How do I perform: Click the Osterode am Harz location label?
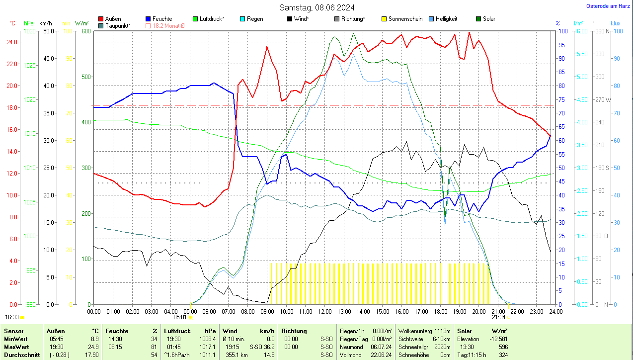[x=608, y=6]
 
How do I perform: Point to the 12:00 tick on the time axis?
[x=324, y=311]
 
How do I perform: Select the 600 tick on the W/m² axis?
[x=85, y=31]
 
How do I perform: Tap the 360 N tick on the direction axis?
[x=601, y=31]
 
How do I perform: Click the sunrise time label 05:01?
[x=180, y=317]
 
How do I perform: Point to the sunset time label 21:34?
[x=498, y=317]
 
